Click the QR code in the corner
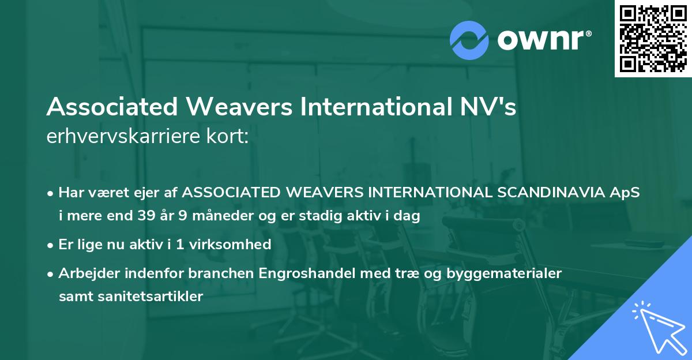pos(653,39)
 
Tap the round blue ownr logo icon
pos(469,40)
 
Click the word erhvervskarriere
pos(118,137)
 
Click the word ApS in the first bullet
pos(628,192)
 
